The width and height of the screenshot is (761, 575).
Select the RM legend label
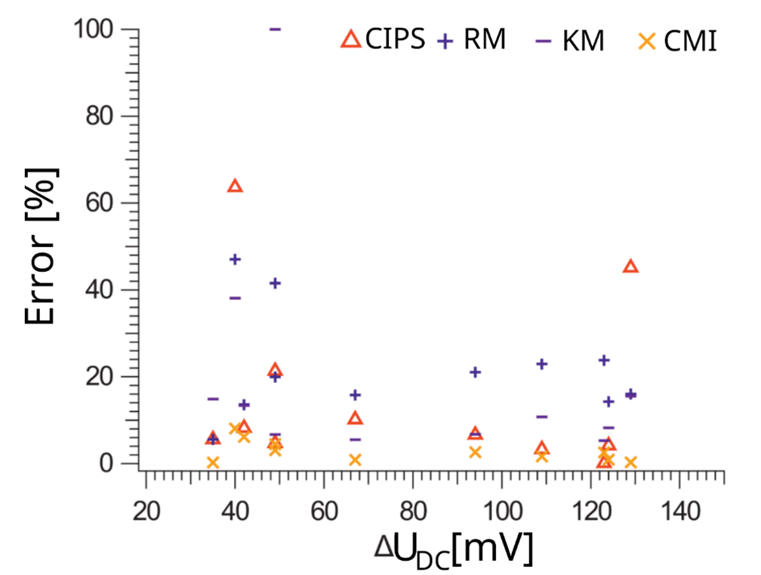click(x=485, y=39)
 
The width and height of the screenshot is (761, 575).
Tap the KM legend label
click(x=583, y=41)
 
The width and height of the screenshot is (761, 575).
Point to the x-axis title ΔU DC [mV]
click(x=454, y=549)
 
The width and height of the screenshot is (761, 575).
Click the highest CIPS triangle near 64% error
click(x=235, y=186)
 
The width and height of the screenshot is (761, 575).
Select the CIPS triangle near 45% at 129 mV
click(x=630, y=266)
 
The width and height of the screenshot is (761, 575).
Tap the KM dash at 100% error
click(x=275, y=29)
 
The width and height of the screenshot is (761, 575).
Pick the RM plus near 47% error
click(x=235, y=259)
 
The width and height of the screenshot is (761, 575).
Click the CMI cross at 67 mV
click(x=355, y=459)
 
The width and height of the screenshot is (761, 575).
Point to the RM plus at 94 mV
click(x=475, y=372)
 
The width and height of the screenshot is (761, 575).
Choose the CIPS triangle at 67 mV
click(x=355, y=418)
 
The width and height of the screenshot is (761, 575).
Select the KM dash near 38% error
click(x=235, y=298)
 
